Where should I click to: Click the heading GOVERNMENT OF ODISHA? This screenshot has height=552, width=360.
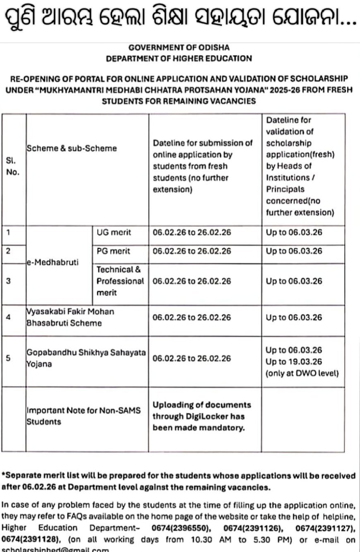click(179, 48)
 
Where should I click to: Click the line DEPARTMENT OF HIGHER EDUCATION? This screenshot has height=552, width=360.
click(179, 59)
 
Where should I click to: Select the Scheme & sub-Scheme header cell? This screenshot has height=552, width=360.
click(72, 148)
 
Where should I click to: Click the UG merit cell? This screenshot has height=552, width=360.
click(114, 232)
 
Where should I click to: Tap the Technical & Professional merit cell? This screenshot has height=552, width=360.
click(120, 281)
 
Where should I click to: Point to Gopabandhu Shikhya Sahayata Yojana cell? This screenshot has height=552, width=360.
click(86, 358)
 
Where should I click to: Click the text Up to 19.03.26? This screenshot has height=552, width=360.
click(294, 362)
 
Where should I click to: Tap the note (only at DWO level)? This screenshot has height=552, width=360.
click(302, 373)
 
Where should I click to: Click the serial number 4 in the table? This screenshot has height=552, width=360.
click(9, 318)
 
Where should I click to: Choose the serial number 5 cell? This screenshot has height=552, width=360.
click(9, 358)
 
